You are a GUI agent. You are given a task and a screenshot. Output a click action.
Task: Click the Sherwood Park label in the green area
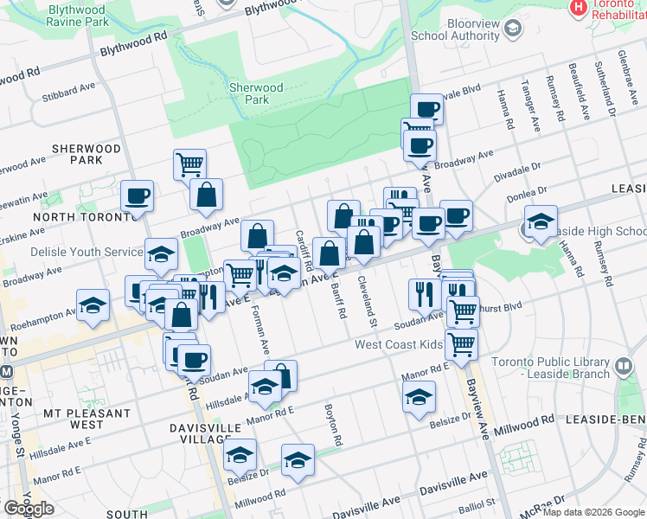[x=256, y=93]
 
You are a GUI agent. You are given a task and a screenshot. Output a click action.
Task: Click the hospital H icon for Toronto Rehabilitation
[x=578, y=7]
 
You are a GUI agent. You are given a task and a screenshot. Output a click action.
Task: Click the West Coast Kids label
[x=399, y=344]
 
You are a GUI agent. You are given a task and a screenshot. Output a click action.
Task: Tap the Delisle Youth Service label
[x=74, y=252]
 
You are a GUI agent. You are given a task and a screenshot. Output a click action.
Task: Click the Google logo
[x=29, y=509]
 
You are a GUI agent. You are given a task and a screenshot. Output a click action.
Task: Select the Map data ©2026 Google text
[x=593, y=512]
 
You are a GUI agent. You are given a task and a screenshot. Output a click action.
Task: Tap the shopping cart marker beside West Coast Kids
[x=462, y=343]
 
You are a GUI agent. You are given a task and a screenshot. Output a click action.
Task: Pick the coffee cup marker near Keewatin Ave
[x=137, y=196]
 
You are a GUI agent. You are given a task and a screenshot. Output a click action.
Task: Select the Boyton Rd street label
[x=333, y=425]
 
